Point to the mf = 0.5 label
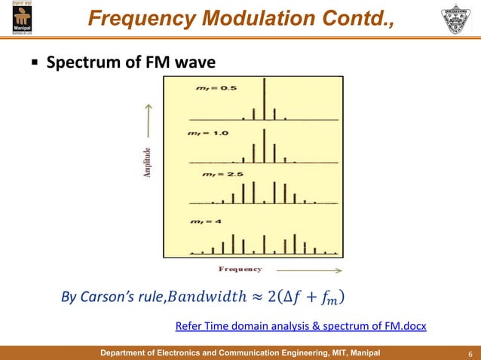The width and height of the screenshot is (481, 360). click(x=201, y=89)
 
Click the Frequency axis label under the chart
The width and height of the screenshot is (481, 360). click(x=240, y=269)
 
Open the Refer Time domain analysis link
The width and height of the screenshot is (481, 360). click(x=300, y=326)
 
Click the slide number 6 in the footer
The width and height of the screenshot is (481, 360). click(x=470, y=353)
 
